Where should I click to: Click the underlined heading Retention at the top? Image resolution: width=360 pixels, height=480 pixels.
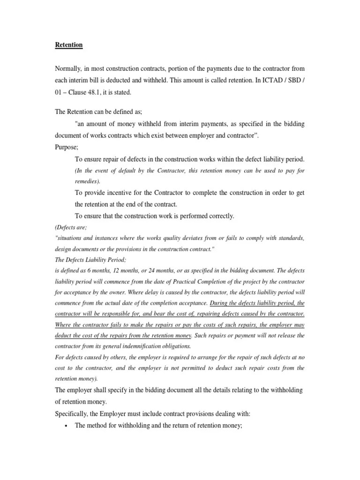pos(68,45)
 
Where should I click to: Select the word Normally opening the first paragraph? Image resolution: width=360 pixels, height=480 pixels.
pos(68,69)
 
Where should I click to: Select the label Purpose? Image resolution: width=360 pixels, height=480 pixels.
pos(67,147)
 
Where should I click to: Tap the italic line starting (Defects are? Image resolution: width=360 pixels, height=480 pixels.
pos(71,227)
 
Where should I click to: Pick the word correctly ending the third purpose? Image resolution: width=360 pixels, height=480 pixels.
pos(221,216)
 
